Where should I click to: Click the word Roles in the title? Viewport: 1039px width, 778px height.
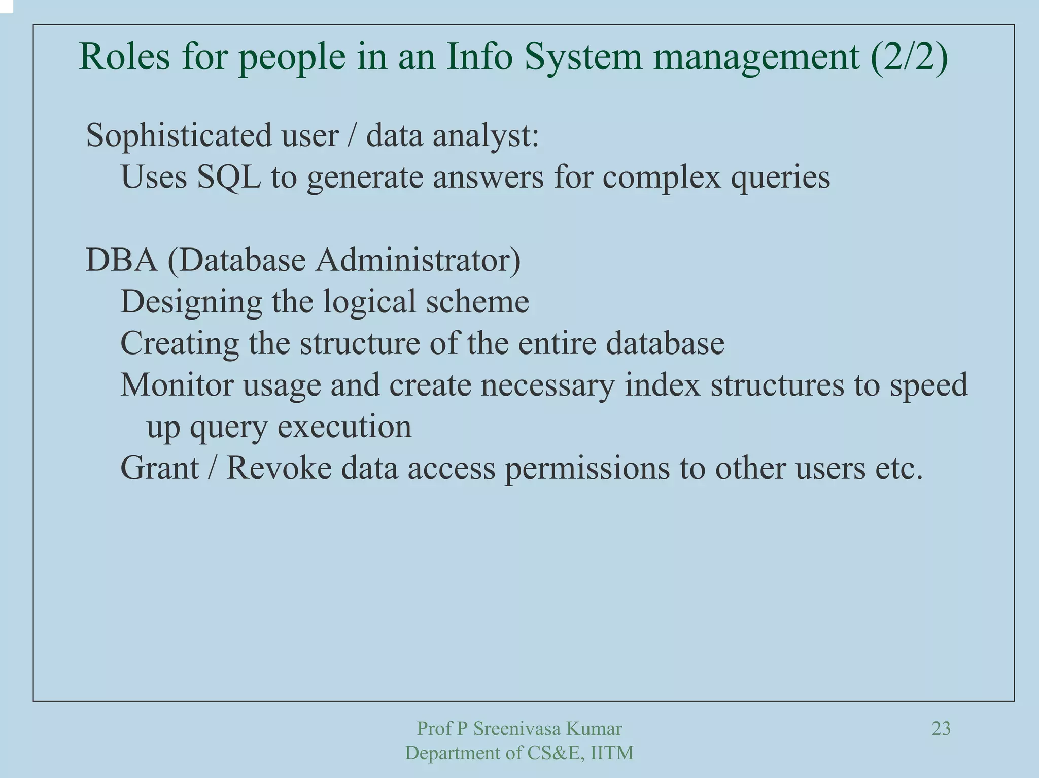pyautogui.click(x=124, y=57)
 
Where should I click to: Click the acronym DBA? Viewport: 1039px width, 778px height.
pyautogui.click(x=121, y=260)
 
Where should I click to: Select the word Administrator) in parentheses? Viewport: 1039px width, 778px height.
pyautogui.click(x=418, y=260)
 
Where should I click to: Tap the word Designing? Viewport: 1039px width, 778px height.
pyautogui.click(x=191, y=303)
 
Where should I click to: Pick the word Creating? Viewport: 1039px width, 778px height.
pyautogui.click(x=179, y=343)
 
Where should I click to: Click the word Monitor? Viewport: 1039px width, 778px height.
pyautogui.click(x=177, y=385)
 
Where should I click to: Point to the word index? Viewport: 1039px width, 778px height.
pyautogui.click(x=662, y=385)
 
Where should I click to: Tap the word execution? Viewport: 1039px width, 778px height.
pyautogui.click(x=344, y=427)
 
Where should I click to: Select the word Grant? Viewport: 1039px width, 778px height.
pyautogui.click(x=159, y=468)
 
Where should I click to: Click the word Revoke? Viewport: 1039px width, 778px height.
pyautogui.click(x=279, y=468)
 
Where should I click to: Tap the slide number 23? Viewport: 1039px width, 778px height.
pyautogui.click(x=941, y=729)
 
